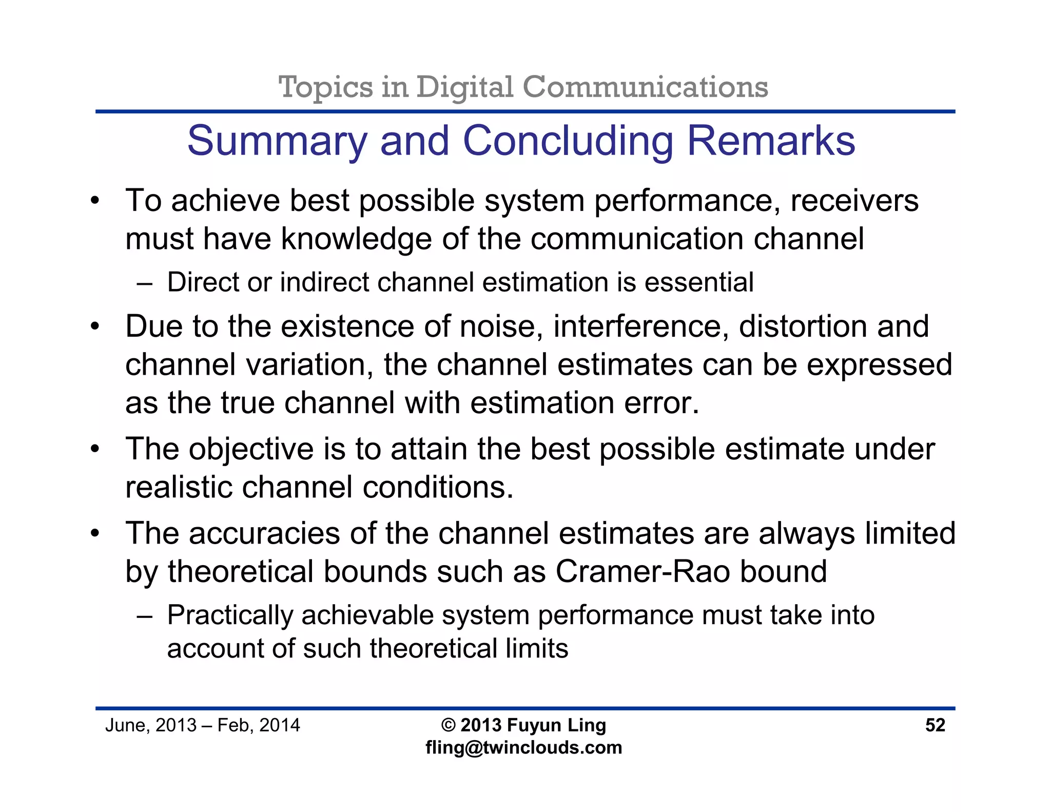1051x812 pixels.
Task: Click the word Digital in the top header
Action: [x=464, y=87]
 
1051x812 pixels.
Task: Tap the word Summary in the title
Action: [x=277, y=141]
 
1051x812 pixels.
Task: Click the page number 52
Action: [x=935, y=725]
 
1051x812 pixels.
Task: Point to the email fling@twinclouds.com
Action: [x=523, y=747]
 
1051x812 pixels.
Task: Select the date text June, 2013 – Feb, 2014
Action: [x=202, y=725]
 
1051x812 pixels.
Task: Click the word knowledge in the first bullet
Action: [x=356, y=239]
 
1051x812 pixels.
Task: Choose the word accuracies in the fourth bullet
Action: [x=264, y=533]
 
